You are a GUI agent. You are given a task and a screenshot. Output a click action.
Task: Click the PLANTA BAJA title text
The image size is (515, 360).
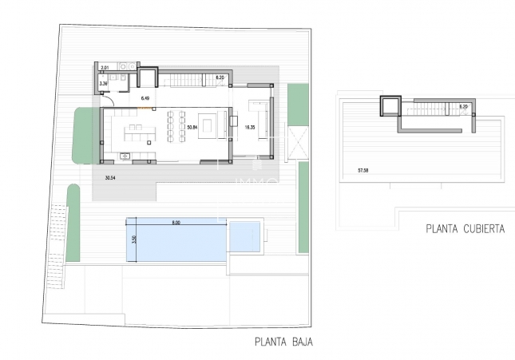point(283,344)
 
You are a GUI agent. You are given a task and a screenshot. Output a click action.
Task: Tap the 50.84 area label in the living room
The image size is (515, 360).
point(191,127)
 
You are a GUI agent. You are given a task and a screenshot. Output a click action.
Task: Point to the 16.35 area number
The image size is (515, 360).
point(250,127)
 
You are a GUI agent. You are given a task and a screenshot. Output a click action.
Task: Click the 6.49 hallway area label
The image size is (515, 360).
point(145,97)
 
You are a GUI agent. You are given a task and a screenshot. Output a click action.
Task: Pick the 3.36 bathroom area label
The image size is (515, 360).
point(103,83)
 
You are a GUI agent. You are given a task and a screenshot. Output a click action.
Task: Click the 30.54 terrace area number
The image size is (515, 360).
point(100,178)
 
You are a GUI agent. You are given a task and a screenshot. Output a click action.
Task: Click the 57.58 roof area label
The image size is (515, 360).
point(363,170)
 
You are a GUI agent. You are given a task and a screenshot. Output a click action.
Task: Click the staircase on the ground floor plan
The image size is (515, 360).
point(188,79)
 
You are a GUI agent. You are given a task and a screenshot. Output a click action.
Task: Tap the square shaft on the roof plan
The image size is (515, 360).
point(389,107)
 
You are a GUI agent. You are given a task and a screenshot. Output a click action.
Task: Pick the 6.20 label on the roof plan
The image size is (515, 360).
point(463,106)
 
